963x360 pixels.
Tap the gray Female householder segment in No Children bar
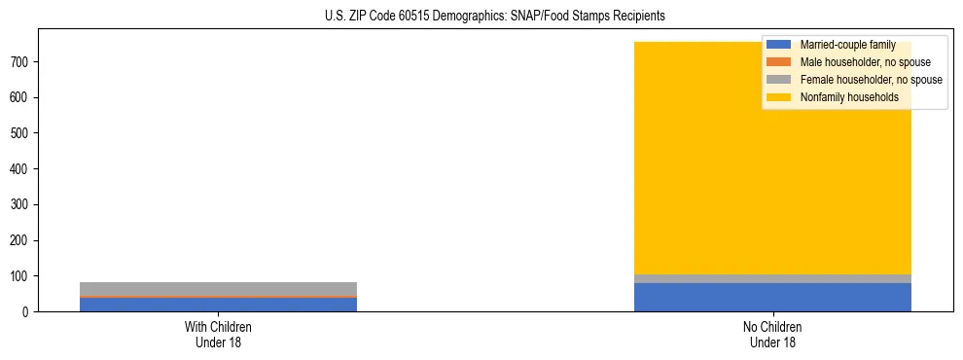tap(772, 279)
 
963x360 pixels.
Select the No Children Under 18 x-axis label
tap(772, 335)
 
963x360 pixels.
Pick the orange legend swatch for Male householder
tap(780, 62)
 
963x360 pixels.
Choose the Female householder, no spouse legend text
tap(871, 80)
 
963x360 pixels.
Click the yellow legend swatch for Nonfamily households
tap(780, 97)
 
